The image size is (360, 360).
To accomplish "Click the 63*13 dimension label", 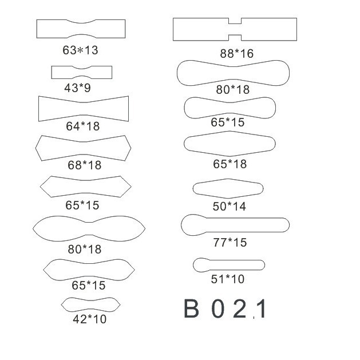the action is [x=80, y=50].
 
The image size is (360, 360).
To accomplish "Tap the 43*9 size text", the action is [x=78, y=88].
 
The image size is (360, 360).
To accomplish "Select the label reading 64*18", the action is [x=83, y=126].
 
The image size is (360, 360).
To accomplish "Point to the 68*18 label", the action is [x=85, y=165].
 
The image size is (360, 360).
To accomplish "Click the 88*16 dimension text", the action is [x=237, y=53].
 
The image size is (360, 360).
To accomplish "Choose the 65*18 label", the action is [x=230, y=164].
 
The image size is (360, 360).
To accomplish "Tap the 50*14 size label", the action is [x=230, y=206].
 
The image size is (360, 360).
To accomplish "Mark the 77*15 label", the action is [x=230, y=243].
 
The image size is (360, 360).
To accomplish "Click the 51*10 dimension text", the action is [x=228, y=279].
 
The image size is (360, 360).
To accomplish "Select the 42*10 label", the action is [x=90, y=319].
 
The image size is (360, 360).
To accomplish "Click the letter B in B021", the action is [x=191, y=308].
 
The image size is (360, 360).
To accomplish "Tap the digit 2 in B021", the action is [x=239, y=308].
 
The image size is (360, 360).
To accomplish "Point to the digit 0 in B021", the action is [x=217, y=308].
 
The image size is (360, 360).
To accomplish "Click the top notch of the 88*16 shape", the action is [x=235, y=21].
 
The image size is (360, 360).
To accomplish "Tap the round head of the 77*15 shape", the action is [x=192, y=225].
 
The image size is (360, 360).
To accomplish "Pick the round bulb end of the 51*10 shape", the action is [x=200, y=265].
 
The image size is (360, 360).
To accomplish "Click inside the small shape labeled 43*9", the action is [x=82, y=72].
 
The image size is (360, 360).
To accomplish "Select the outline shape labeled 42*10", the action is [x=90, y=305].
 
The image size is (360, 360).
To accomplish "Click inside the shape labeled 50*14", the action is [x=228, y=188].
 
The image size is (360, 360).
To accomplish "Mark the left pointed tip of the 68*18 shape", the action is [x=36, y=148].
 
